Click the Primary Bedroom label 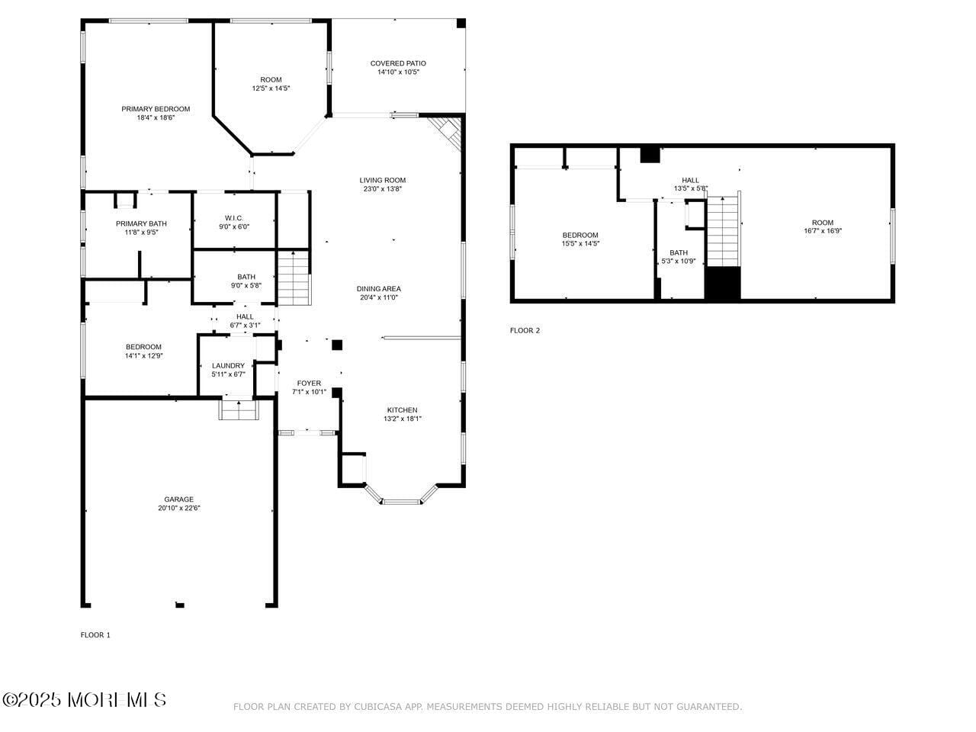pyautogui.click(x=156, y=109)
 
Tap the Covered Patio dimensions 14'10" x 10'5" pyautogui.click(x=398, y=72)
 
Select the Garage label pyautogui.click(x=178, y=499)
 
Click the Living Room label pyautogui.click(x=382, y=181)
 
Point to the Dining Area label pyautogui.click(x=378, y=289)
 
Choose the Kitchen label pyautogui.click(x=400, y=410)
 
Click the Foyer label pyautogui.click(x=309, y=384)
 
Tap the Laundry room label pyautogui.click(x=228, y=366)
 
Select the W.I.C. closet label pyautogui.click(x=233, y=218)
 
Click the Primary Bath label pyautogui.click(x=141, y=223)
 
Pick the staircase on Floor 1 pyautogui.click(x=294, y=278)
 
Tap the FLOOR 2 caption pyautogui.click(x=525, y=331)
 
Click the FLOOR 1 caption pyautogui.click(x=95, y=635)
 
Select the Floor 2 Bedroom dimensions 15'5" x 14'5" pyautogui.click(x=580, y=244)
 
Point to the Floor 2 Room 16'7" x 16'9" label pyautogui.click(x=822, y=223)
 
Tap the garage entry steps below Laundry pyautogui.click(x=239, y=409)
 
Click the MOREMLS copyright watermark pyautogui.click(x=84, y=699)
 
